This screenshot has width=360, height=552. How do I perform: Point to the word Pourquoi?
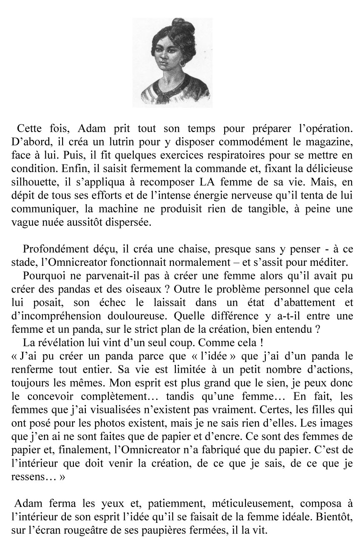tap(42, 275)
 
